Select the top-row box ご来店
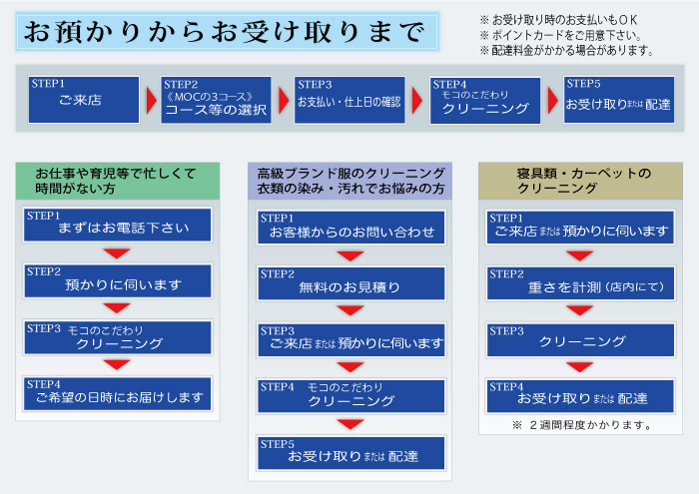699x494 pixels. pos(82,100)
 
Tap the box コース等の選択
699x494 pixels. pos(216,100)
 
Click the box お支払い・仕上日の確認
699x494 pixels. pos(349,100)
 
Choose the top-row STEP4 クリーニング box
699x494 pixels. pos(484,100)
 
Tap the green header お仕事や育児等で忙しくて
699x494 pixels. pos(118,180)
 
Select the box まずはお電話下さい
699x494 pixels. pos(118,225)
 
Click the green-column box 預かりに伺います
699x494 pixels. pos(118,280)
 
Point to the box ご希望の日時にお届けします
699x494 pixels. pos(118,393)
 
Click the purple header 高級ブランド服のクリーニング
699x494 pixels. pos(350,180)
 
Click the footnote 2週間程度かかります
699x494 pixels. pos(581,425)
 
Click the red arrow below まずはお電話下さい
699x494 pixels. pos(118,252)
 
